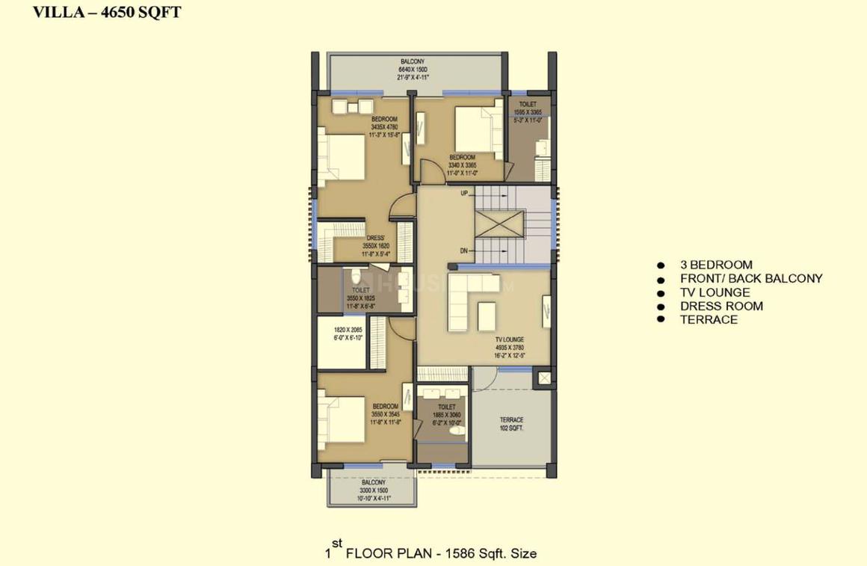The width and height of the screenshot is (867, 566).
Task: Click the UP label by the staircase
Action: tap(464, 193)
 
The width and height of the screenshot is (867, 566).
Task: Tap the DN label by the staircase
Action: tap(464, 251)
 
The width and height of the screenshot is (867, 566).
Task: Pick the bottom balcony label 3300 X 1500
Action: tap(373, 490)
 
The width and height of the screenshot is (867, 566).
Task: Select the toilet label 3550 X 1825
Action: tap(361, 298)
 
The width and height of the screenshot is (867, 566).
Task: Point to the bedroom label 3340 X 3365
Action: tap(462, 165)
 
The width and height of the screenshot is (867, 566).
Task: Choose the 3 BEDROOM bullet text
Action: tap(715, 265)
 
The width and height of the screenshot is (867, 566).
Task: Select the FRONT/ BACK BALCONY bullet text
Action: tap(750, 278)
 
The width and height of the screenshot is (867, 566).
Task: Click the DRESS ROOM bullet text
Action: tap(721, 306)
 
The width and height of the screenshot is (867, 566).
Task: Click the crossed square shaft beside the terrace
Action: tap(545, 379)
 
